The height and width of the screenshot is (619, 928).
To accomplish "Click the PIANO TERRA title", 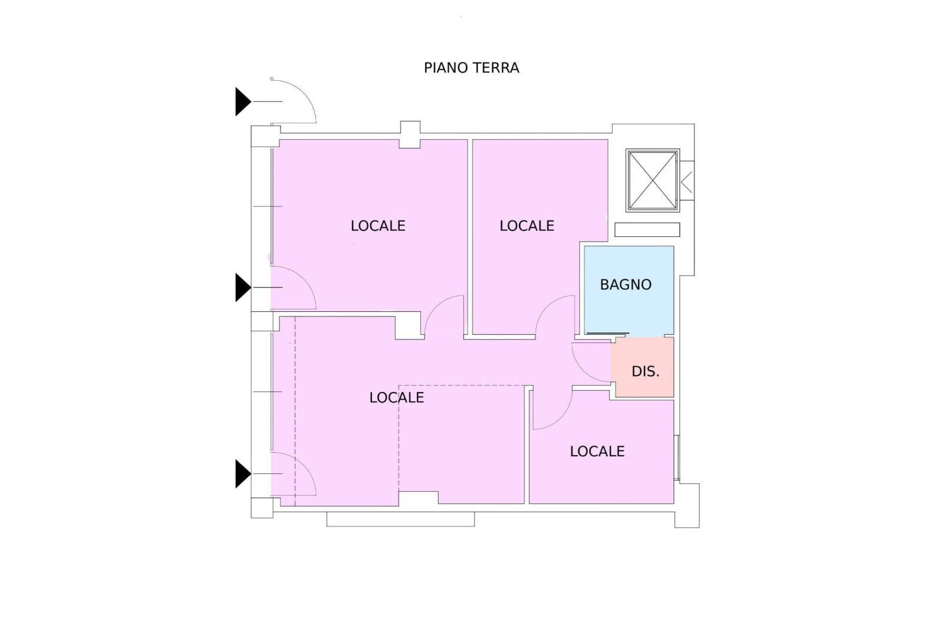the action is click(471, 68).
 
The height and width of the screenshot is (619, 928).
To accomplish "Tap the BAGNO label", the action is click(626, 285).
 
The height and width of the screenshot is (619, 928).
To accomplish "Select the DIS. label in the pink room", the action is click(645, 371).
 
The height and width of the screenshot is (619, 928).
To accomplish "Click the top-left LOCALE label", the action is click(378, 226).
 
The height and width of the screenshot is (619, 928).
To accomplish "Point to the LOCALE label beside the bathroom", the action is click(526, 226).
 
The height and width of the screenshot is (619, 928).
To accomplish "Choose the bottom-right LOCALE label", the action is click(597, 451).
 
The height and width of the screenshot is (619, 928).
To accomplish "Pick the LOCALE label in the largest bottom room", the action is click(396, 398).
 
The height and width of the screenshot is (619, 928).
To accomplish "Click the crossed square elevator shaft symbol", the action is click(653, 180).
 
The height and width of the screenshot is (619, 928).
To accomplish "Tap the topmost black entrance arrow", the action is click(243, 101).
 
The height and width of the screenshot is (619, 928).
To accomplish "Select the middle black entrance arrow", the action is click(243, 288).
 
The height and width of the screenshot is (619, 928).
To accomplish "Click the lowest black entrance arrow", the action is click(243, 473).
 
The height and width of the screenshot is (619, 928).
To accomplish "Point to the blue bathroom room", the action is click(629, 290).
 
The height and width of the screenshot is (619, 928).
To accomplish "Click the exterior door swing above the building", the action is click(307, 92).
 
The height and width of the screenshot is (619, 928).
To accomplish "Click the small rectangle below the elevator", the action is click(647, 230).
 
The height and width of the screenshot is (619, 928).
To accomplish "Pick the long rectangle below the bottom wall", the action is click(400, 519).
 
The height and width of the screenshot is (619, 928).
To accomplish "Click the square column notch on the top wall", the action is click(410, 134).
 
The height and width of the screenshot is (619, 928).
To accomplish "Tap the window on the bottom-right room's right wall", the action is click(677, 457).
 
